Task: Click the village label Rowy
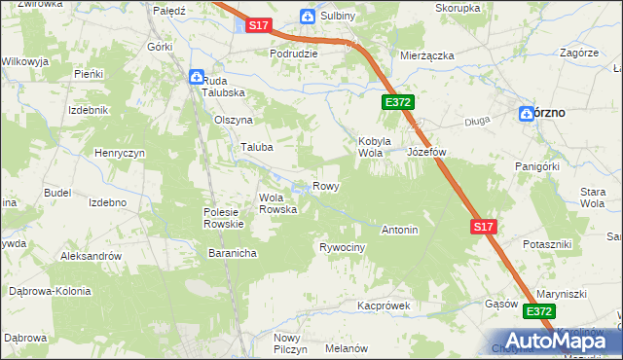pos(325,186)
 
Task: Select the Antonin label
pos(399,231)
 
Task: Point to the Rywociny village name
pos(342,248)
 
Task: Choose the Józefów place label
pos(425,153)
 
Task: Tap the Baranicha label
pos(232,253)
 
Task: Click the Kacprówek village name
pos(384,305)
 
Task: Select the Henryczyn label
pos(120,154)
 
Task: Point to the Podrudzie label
pos(294,54)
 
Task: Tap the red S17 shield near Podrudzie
pos(258,25)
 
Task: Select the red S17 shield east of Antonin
pos(484,227)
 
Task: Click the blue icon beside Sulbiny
pos(308,17)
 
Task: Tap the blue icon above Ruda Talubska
pos(196,76)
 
